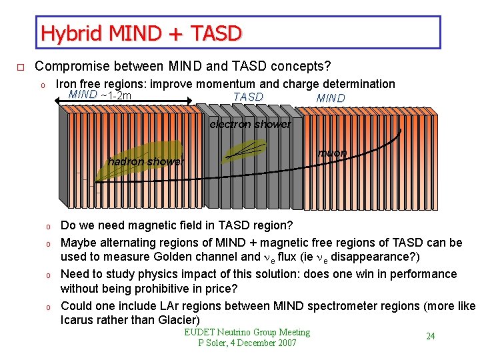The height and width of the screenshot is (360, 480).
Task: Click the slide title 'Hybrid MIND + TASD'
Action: tap(141, 33)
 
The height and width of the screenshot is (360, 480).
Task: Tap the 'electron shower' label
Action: tap(250, 125)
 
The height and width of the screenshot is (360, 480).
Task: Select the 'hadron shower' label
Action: tap(145, 161)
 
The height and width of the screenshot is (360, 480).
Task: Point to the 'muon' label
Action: tap(332, 153)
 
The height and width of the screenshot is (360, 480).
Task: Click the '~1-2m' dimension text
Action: tap(116, 95)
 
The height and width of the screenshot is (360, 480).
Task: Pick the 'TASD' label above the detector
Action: tap(248, 97)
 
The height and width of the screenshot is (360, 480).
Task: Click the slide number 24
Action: tap(431, 336)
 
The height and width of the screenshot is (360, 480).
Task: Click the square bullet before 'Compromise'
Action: tap(21, 67)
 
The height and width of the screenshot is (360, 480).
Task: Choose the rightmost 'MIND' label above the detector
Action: tap(331, 99)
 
